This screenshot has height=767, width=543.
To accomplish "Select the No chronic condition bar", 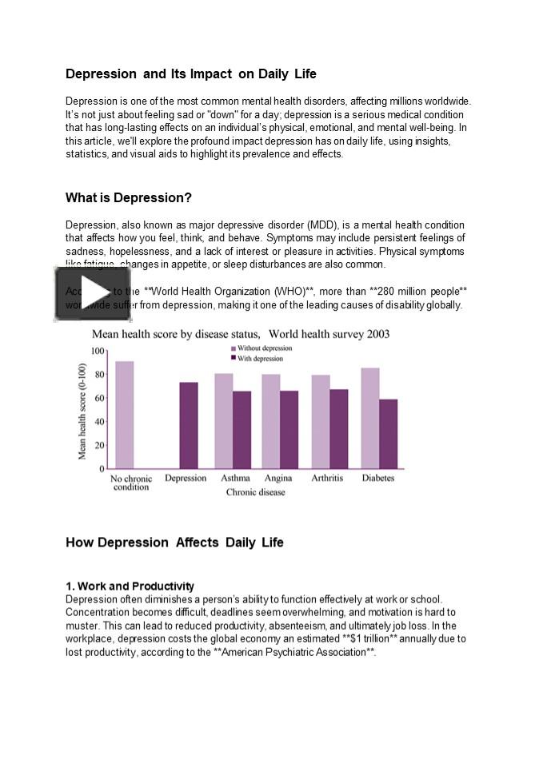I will tap(125, 415).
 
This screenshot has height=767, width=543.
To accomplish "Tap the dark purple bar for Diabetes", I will tap(388, 434).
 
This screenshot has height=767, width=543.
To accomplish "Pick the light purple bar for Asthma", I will tap(223, 421).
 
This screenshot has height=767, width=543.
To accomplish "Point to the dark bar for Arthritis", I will tap(339, 428).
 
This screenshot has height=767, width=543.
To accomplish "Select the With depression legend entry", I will tap(260, 359).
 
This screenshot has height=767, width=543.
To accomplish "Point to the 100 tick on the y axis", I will tap(98, 351).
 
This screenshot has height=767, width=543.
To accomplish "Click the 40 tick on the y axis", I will tap(99, 422).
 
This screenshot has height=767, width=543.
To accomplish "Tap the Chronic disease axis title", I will tap(255, 492).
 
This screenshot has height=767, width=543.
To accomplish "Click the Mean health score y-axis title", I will tap(82, 411).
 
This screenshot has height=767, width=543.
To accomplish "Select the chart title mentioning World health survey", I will tap(240, 333).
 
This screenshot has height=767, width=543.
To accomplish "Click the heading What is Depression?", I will tap(129, 197).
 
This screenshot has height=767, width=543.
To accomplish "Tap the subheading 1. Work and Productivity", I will tap(130, 586).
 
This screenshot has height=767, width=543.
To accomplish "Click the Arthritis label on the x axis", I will tap(327, 478).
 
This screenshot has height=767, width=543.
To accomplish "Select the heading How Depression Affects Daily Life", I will tap(174, 542).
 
